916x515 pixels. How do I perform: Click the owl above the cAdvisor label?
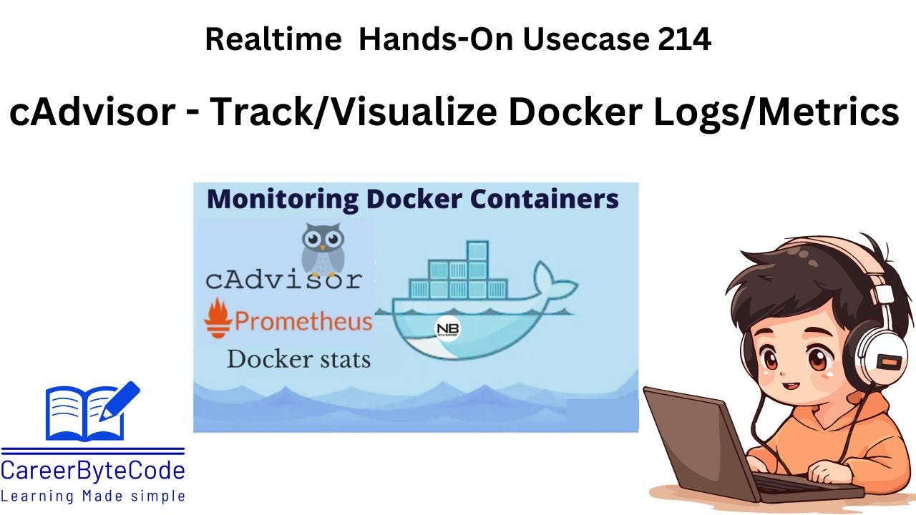pyautogui.click(x=323, y=249)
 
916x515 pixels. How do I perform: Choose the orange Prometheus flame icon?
pyautogui.click(x=218, y=319)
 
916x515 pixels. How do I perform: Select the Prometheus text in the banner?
pyautogui.click(x=303, y=321)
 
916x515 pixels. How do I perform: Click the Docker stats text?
pyautogui.click(x=298, y=358)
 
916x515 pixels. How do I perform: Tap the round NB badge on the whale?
pyautogui.click(x=448, y=329)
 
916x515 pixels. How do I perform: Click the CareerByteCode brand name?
pyautogui.click(x=93, y=471)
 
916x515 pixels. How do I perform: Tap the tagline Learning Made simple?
pyautogui.click(x=93, y=496)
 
